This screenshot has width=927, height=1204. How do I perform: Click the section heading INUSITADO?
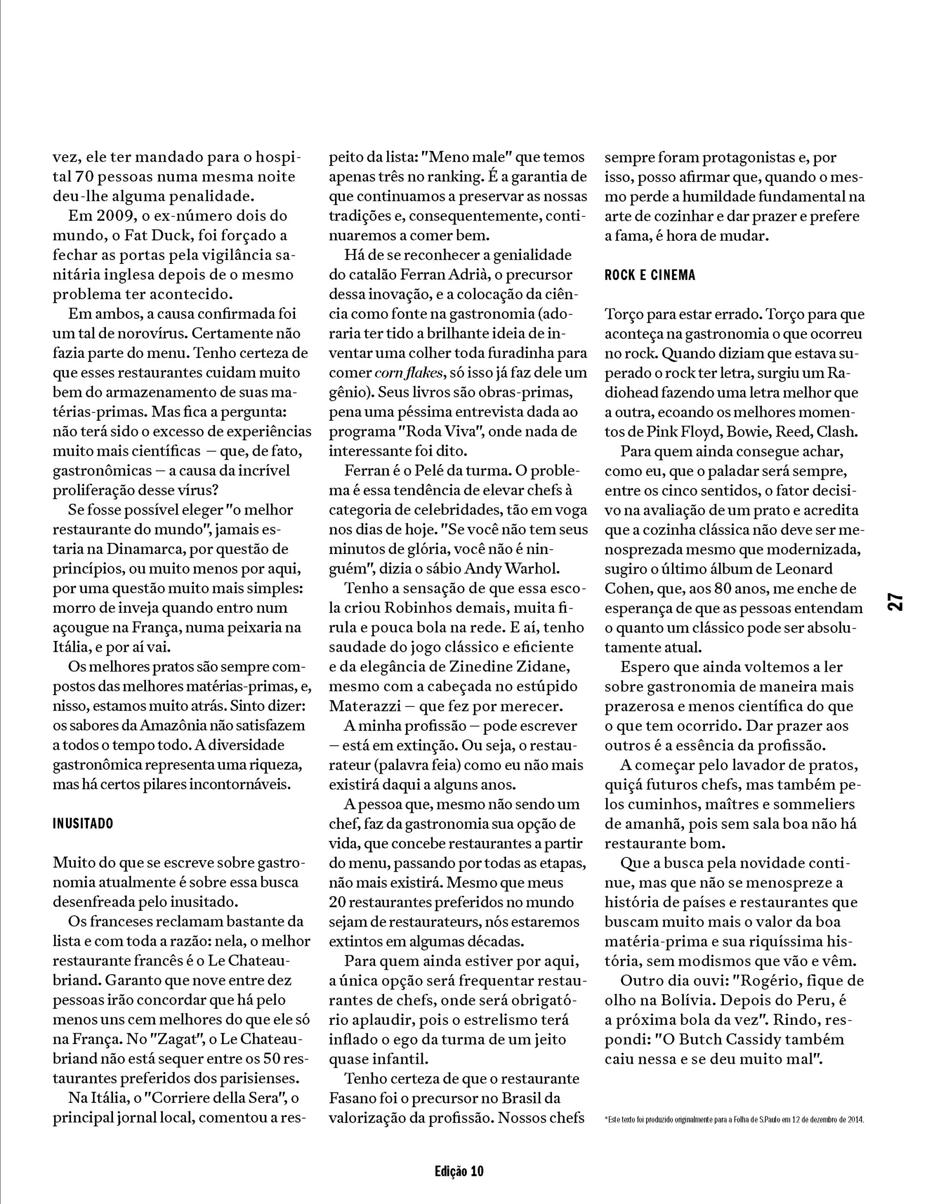pyautogui.click(x=83, y=823)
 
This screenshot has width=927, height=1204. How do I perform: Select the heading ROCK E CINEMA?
pyautogui.click(x=650, y=275)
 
